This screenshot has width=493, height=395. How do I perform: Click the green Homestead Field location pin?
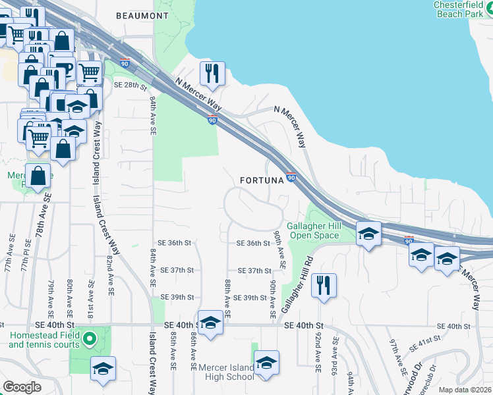pos(92,340)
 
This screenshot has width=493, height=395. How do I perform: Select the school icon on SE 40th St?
pos(210,323)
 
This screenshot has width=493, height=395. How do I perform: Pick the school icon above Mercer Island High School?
pos(266,362)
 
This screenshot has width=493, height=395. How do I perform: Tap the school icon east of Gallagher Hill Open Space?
pos(369,233)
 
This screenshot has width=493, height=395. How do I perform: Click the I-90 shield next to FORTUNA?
pos(291,178)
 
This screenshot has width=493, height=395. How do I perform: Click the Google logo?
pos(22,386)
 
